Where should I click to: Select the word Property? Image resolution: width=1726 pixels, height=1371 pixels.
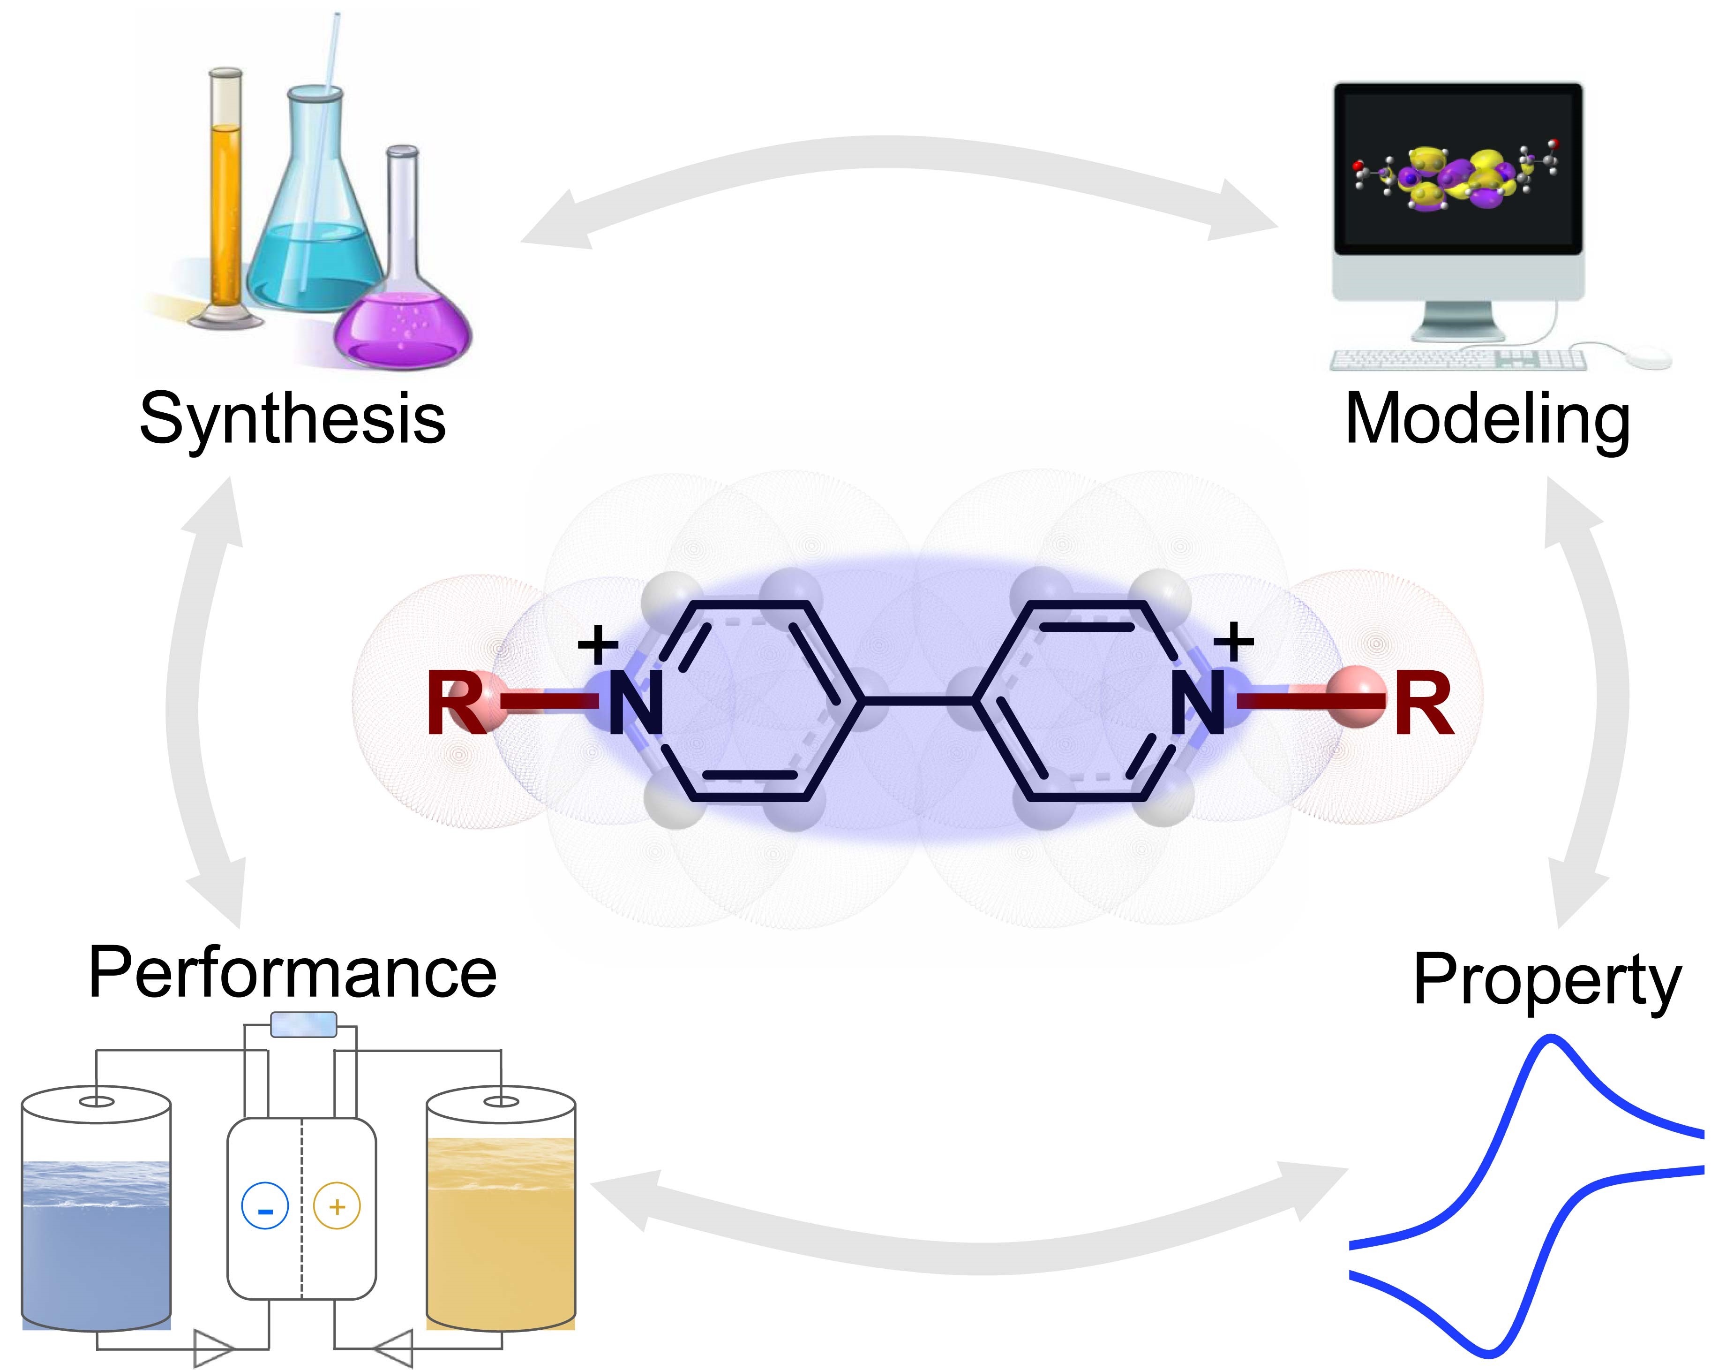(1547, 982)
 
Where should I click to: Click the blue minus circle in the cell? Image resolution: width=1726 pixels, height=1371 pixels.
(265, 1207)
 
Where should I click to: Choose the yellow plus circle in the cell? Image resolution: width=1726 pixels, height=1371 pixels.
(337, 1205)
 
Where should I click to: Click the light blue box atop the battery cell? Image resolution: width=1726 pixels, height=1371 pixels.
(303, 1024)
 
